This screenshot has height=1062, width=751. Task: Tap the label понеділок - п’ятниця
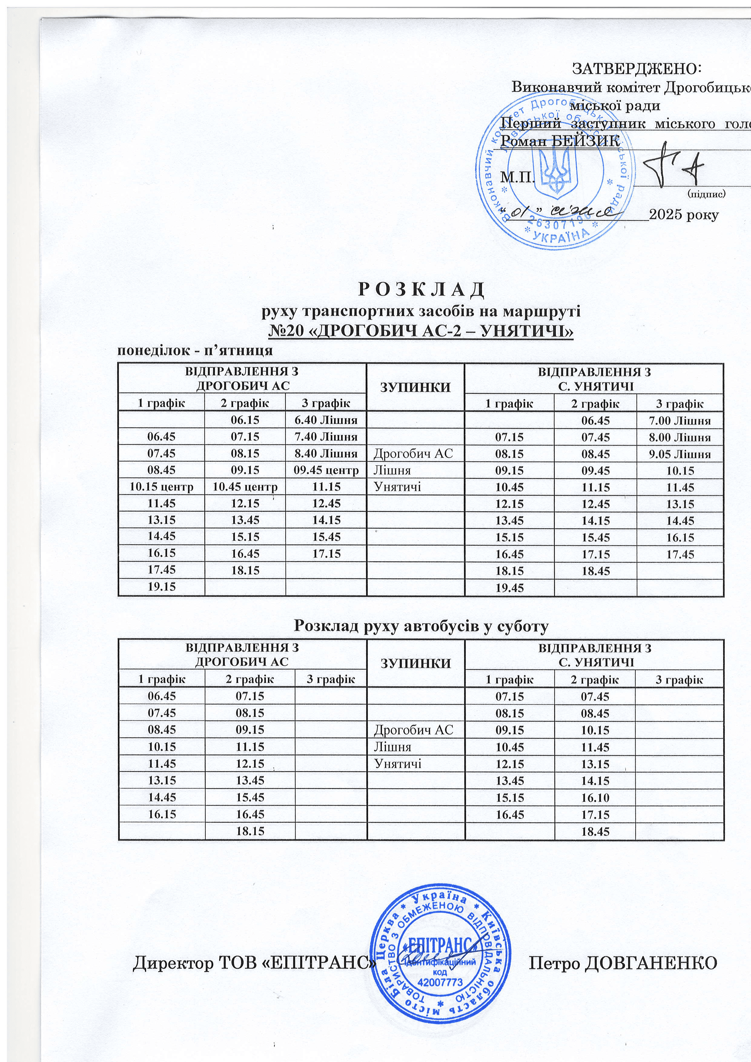195,351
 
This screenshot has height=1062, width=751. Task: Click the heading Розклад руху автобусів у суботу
422,626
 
